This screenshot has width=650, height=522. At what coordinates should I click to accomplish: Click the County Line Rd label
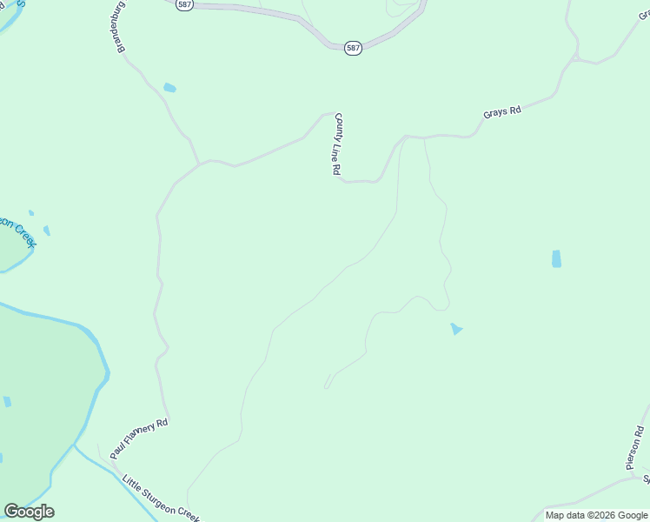pos(337,144)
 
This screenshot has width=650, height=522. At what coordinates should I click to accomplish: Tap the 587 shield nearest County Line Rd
pos(352,48)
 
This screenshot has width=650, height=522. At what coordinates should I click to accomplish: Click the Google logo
pos(29,512)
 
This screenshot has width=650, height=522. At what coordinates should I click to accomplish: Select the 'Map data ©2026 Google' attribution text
pos(597,515)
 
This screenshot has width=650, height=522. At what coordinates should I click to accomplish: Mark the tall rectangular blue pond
pos(556,258)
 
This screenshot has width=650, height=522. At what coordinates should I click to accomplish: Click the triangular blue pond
pos(455,329)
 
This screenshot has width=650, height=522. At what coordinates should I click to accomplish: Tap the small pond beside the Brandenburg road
pos(169,88)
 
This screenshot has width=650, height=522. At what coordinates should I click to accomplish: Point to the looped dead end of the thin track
pos(328,384)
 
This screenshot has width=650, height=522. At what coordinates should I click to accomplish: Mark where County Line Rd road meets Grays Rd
pos(404,137)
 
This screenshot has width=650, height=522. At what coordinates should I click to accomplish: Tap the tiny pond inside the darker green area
pos(7,401)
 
